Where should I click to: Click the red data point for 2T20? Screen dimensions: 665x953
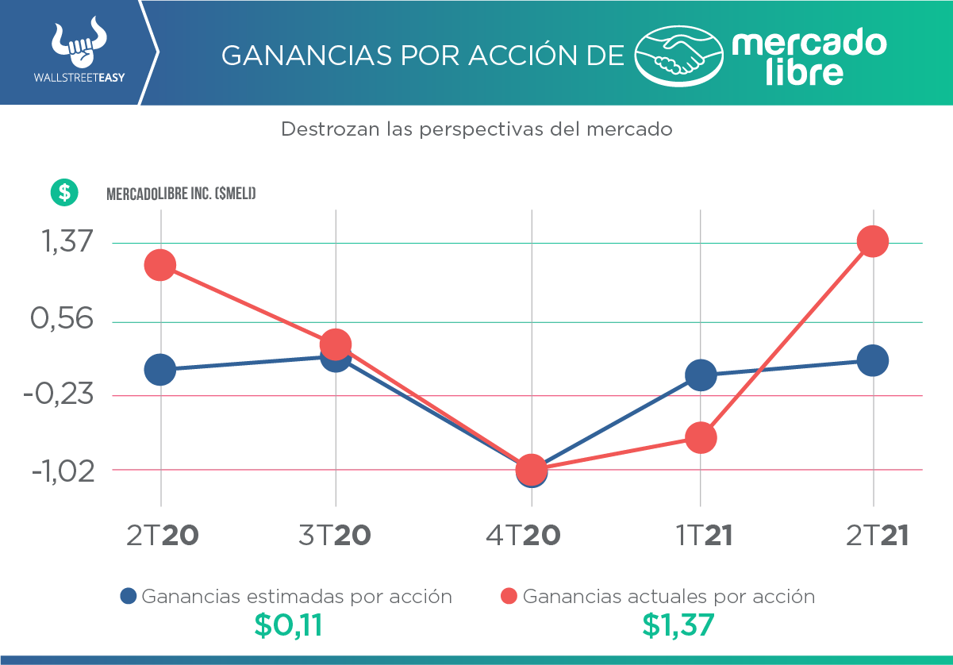coord(160,265)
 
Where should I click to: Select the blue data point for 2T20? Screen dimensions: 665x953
coord(160,369)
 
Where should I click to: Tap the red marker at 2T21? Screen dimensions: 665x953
coord(873,241)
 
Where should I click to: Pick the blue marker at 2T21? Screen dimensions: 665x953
coord(873,360)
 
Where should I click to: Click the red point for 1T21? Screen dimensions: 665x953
coord(701,437)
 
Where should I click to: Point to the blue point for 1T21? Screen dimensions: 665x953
coord(701,375)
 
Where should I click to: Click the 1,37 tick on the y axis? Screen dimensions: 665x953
coord(63,243)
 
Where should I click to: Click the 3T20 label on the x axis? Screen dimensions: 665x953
coord(334,536)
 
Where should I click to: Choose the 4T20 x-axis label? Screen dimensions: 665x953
coord(524,536)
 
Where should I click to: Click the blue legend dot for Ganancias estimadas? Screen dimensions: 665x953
coord(128,596)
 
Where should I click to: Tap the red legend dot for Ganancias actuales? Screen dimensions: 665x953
coord(509,596)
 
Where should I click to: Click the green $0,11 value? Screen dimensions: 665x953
coord(288,626)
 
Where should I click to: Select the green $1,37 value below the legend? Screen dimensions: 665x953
coord(678,626)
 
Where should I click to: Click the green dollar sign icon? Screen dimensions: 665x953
coord(64,192)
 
